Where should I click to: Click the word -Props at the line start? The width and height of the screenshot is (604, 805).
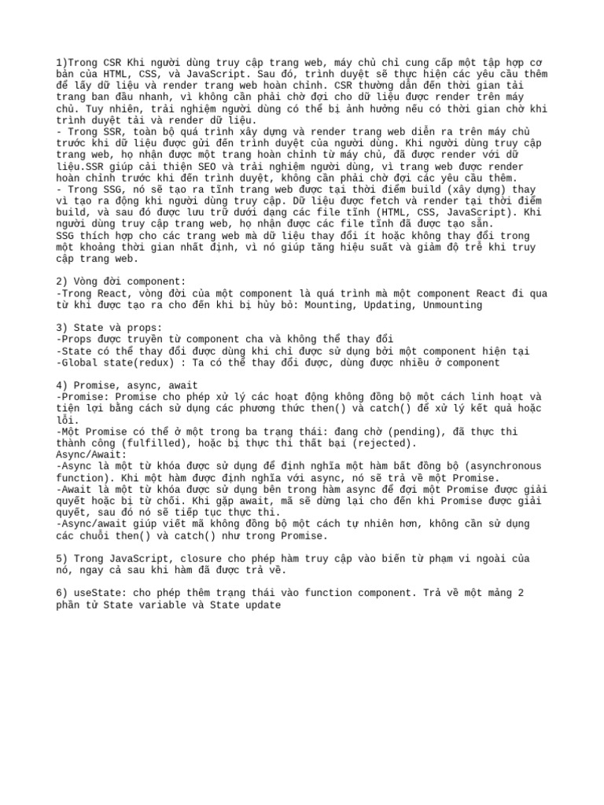75,340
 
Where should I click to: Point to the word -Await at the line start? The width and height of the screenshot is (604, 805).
75,489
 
